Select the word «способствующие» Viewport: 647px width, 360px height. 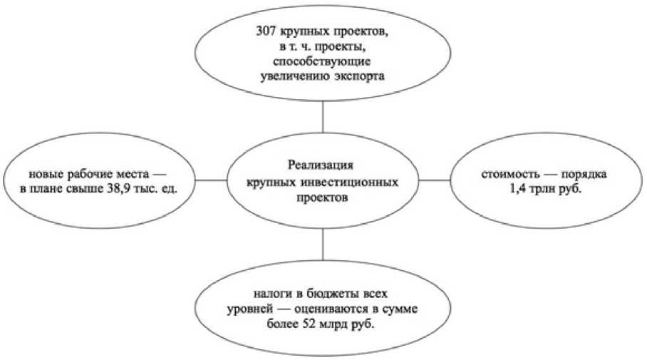coord(323,62)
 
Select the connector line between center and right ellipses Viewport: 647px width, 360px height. coord(435,180)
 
